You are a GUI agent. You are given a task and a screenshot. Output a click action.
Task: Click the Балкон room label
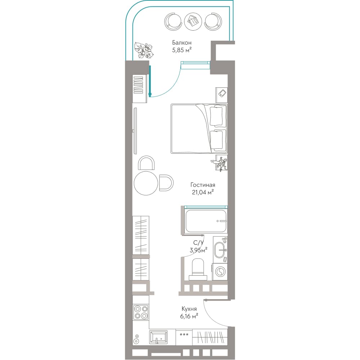pyautogui.click(x=182, y=43)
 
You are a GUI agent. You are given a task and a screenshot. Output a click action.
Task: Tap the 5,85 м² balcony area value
pyautogui.click(x=182, y=50)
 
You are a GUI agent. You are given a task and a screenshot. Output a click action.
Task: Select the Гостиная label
pyautogui.click(x=203, y=185)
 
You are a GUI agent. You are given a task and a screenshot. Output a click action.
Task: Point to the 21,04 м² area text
pyautogui.click(x=203, y=192)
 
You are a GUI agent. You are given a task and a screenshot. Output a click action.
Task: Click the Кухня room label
pyautogui.click(x=189, y=309)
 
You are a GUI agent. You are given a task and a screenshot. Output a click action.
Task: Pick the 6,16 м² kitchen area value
pyautogui.click(x=189, y=316)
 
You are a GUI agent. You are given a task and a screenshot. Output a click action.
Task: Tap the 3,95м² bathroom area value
pyautogui.click(x=199, y=250)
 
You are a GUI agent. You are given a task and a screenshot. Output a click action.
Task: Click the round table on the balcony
pyautogui.click(x=193, y=21)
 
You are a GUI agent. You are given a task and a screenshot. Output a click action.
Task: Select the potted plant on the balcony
pyautogui.click(x=144, y=50)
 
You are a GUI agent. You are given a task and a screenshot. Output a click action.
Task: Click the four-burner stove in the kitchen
pyautogui.click(x=141, y=312)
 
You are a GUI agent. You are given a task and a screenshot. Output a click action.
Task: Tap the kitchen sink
pyautogui.click(x=158, y=337)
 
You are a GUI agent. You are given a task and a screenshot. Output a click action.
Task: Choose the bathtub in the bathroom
pyautogui.click(x=206, y=221)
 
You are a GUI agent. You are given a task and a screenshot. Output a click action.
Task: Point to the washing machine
pyautogui.click(x=220, y=271)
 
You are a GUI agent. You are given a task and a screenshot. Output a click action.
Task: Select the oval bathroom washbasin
pyautogui.click(x=220, y=250)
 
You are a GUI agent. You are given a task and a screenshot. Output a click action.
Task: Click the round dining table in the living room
pyautogui.click(x=146, y=183)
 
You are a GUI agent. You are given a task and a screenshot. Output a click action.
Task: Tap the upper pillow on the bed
pyautogui.click(x=216, y=116)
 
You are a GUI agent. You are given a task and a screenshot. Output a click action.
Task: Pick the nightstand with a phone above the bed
pyautogui.click(x=221, y=95)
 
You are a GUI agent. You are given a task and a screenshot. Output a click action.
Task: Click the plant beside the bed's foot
pyautogui.click(x=220, y=163)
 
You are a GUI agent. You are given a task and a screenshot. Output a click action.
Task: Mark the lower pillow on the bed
pyautogui.click(x=216, y=140)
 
